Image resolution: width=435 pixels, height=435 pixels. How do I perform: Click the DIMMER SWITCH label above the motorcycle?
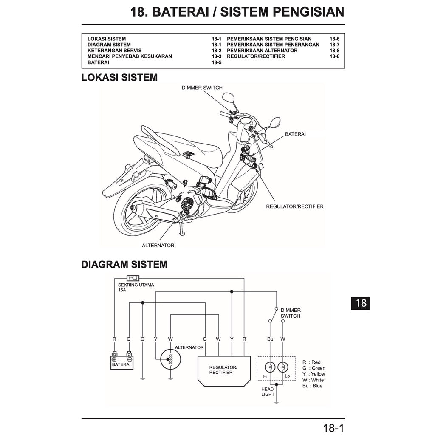pos(202,88)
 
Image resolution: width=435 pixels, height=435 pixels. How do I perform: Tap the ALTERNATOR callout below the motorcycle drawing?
pos(158,246)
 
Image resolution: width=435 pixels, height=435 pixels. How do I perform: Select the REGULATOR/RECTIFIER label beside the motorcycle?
pos(294,206)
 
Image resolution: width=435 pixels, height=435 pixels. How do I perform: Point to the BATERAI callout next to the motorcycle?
pos(295,134)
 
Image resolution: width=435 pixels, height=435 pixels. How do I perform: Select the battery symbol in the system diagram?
pos(121,362)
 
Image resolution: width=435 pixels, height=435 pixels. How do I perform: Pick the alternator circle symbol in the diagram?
pos(170,360)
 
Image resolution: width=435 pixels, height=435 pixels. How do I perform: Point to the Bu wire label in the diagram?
pos(270,339)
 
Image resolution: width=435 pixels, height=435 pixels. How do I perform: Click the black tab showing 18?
pos(361,303)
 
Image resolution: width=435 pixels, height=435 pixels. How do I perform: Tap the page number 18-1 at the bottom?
pos(333,428)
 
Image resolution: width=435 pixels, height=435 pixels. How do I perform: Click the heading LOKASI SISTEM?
pos(119,78)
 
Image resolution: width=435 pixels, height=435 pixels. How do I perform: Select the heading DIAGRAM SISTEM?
pos(124,265)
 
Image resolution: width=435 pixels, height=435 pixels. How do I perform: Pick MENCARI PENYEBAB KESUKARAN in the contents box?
pos(130,56)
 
